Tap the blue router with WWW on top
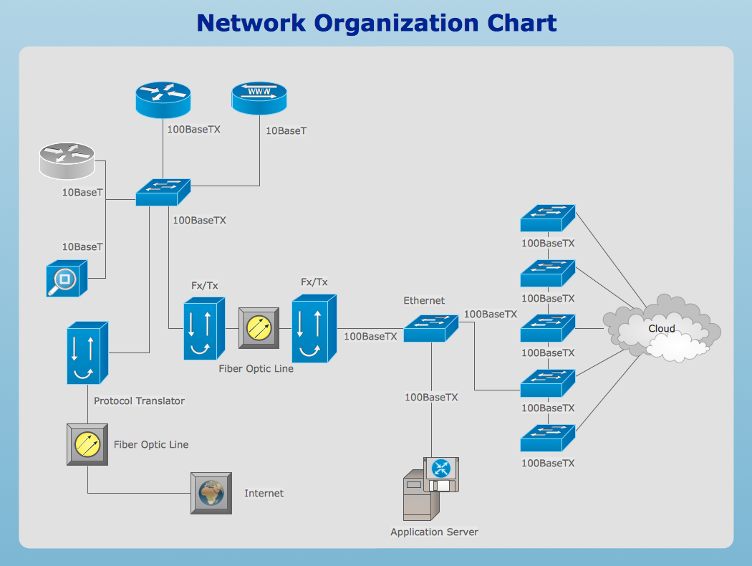tap(259, 99)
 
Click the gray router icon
tap(66, 160)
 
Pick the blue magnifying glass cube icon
tap(66, 278)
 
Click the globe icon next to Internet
tap(211, 493)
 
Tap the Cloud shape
tap(661, 329)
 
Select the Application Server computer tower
tap(418, 494)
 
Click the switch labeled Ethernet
tap(430, 328)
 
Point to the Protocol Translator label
tap(139, 401)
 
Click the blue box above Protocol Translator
tap(87, 353)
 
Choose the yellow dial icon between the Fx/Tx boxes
tap(258, 328)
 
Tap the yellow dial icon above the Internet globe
tap(87, 445)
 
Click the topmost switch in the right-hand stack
tap(548, 218)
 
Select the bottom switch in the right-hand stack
tap(548, 437)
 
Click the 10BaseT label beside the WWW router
tap(286, 131)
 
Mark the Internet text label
tap(264, 494)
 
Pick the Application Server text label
tap(434, 532)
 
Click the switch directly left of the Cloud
tap(548, 327)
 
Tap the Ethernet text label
tap(424, 301)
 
